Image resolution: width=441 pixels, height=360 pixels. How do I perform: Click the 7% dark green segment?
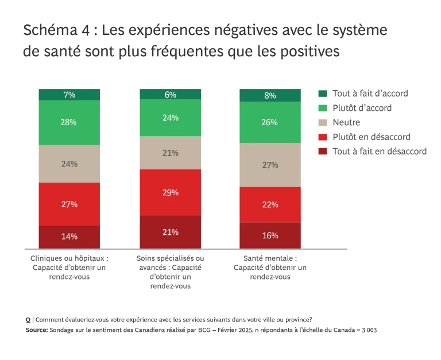[69, 94]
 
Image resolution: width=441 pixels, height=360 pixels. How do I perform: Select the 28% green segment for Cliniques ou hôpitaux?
[69, 122]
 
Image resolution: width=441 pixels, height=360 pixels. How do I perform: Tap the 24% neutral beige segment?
[69, 164]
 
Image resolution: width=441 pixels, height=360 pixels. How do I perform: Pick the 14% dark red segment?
[69, 237]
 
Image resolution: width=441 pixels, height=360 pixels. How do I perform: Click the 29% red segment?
[171, 192]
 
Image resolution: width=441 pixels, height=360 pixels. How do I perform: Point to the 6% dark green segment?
[171, 95]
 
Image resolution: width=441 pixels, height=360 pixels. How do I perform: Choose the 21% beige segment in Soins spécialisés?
[171, 153]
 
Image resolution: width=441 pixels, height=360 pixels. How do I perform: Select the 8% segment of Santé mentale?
[270, 95]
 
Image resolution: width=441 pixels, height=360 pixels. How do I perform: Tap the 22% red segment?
[270, 204]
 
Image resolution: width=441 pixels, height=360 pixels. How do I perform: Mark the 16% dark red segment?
[270, 235]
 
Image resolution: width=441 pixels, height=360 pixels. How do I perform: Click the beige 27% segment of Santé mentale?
[270, 165]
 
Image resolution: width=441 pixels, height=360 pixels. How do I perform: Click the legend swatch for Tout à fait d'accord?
[322, 93]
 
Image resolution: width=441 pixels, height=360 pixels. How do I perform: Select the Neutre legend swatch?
[322, 122]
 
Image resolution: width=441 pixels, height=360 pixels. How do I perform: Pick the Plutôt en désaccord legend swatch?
[322, 137]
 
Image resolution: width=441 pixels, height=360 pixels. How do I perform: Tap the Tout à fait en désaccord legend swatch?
[322, 152]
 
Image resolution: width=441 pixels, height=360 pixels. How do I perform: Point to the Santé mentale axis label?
[270, 268]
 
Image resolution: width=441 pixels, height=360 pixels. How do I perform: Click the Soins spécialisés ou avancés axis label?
[171, 272]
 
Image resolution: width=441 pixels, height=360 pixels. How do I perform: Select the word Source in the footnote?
[36, 330]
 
